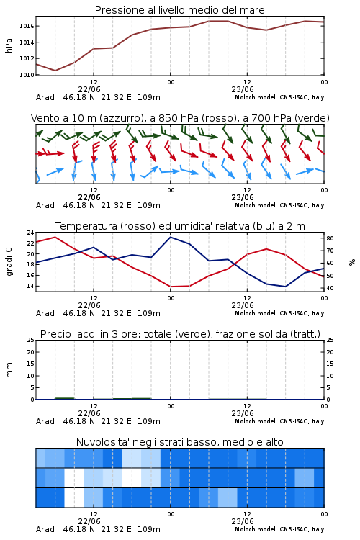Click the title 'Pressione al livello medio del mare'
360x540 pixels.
[180, 10]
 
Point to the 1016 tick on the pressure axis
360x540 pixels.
[27, 26]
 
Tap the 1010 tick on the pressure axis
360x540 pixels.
[27, 75]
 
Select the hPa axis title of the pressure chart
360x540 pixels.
[9, 45]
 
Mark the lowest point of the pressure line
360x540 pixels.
[55, 71]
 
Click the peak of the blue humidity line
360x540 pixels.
[170, 237]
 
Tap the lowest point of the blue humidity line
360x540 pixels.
[285, 287]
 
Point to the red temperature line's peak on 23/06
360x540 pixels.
[266, 248]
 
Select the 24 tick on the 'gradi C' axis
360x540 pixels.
[31, 233]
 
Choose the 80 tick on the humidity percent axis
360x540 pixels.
[330, 238]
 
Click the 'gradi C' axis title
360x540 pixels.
[9, 261]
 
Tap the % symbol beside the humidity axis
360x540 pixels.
[352, 262]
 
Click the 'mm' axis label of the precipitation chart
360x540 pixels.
[9, 370]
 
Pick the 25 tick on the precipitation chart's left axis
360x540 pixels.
[31, 341]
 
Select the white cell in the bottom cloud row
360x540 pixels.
[74, 498]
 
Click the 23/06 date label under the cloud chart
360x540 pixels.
[243, 521]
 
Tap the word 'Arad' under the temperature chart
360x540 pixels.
[45, 313]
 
